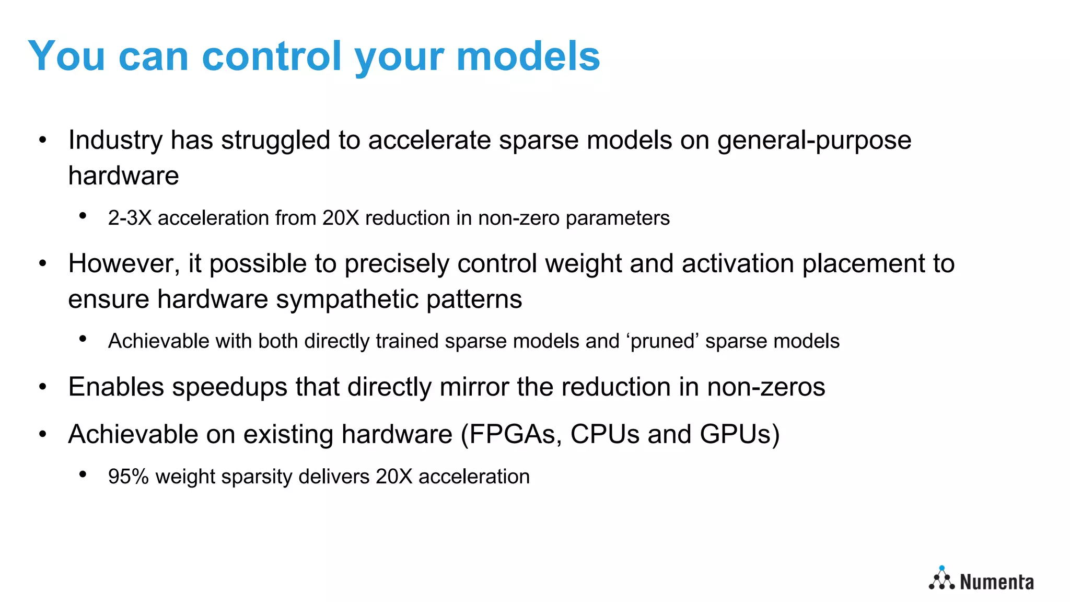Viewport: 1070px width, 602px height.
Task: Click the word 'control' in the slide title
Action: tap(271, 56)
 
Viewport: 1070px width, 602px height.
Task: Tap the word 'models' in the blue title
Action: tap(528, 56)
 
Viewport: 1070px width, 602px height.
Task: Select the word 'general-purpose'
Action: tap(814, 140)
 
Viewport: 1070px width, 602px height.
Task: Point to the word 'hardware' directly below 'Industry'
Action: tap(123, 176)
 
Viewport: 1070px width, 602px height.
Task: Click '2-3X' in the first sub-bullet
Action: tap(130, 218)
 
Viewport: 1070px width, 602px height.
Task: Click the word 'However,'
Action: tap(124, 263)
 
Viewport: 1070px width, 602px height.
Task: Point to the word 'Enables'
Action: tap(116, 387)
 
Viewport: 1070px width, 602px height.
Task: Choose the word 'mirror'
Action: tap(474, 387)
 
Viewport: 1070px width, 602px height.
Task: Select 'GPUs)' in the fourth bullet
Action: tap(739, 434)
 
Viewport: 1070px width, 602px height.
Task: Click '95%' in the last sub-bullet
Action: tap(128, 477)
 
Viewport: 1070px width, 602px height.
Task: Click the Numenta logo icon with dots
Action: tap(941, 579)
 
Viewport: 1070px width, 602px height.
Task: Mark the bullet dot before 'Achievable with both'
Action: tap(83, 339)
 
